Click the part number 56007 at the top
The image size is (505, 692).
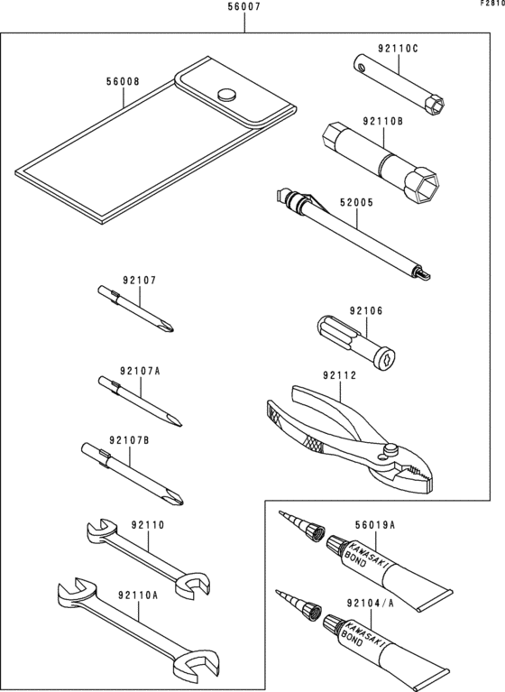point(243,6)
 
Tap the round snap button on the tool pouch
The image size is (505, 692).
point(226,95)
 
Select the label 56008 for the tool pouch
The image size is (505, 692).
point(123,81)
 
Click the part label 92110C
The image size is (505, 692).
point(398,49)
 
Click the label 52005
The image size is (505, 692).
point(356,203)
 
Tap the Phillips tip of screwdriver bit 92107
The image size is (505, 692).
point(168,327)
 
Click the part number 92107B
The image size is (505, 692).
point(129,440)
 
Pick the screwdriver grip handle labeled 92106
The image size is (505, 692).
point(356,345)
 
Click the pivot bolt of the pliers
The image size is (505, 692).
point(390,449)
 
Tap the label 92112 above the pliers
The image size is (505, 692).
point(340,375)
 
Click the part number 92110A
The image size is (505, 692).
point(138,595)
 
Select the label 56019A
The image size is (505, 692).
point(375,526)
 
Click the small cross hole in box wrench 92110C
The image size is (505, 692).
point(363,68)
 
